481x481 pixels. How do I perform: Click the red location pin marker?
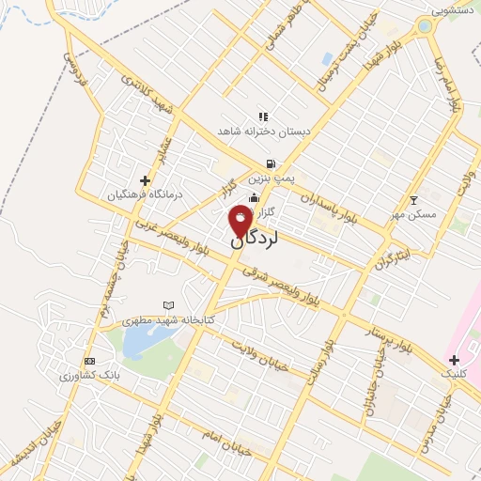240,220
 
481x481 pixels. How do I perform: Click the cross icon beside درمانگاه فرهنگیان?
145,180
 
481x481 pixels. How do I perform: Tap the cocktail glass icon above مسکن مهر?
413,199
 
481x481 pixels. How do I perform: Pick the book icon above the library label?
169,305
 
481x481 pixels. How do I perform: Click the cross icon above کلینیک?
454,360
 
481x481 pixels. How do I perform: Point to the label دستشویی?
454,10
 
